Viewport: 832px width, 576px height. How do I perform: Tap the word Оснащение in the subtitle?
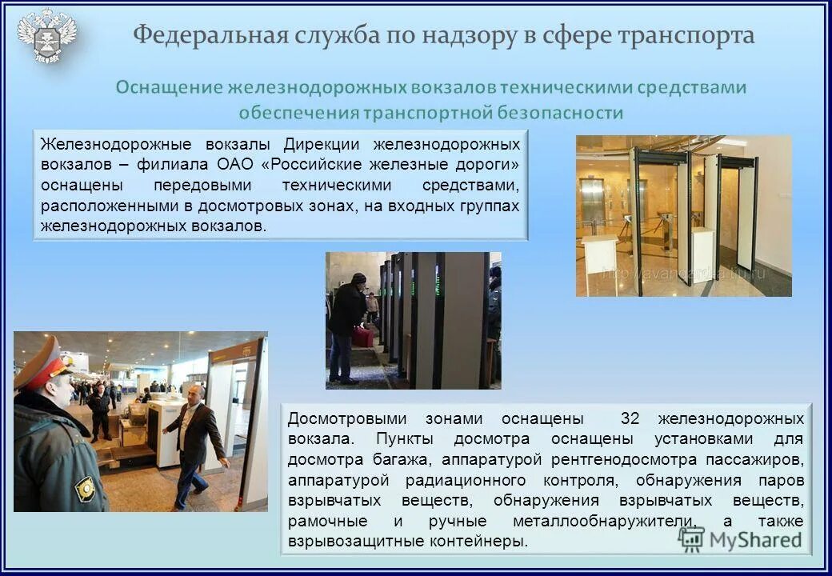pyautogui.click(x=169, y=87)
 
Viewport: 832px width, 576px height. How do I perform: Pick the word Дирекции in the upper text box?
pyautogui.click(x=317, y=145)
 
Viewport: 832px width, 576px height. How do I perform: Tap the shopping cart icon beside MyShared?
pyautogui.click(x=690, y=538)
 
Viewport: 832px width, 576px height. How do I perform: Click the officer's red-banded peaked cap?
pyautogui.click(x=43, y=364)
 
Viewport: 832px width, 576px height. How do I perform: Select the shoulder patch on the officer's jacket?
pyautogui.click(x=85, y=487)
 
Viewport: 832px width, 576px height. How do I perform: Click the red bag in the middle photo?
pyautogui.click(x=362, y=337)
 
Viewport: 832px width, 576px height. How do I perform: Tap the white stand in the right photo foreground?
pyautogui.click(x=598, y=265)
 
